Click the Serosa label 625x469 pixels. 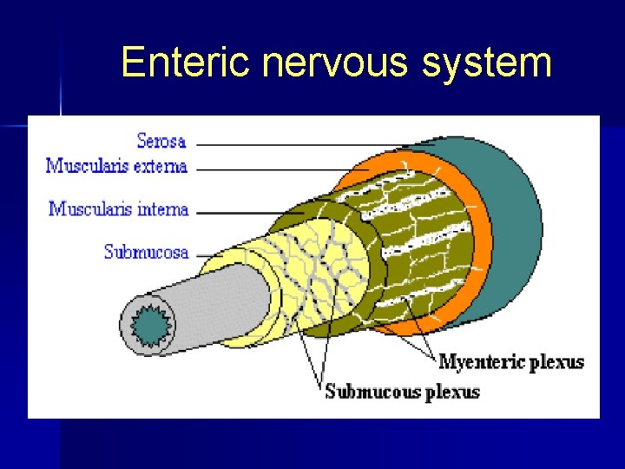coord(161,139)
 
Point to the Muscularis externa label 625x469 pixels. coord(116,165)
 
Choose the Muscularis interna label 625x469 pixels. coord(119,208)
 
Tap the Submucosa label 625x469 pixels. coord(146,252)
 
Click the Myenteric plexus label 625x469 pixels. coord(511,362)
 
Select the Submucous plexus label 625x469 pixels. coord(402,392)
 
